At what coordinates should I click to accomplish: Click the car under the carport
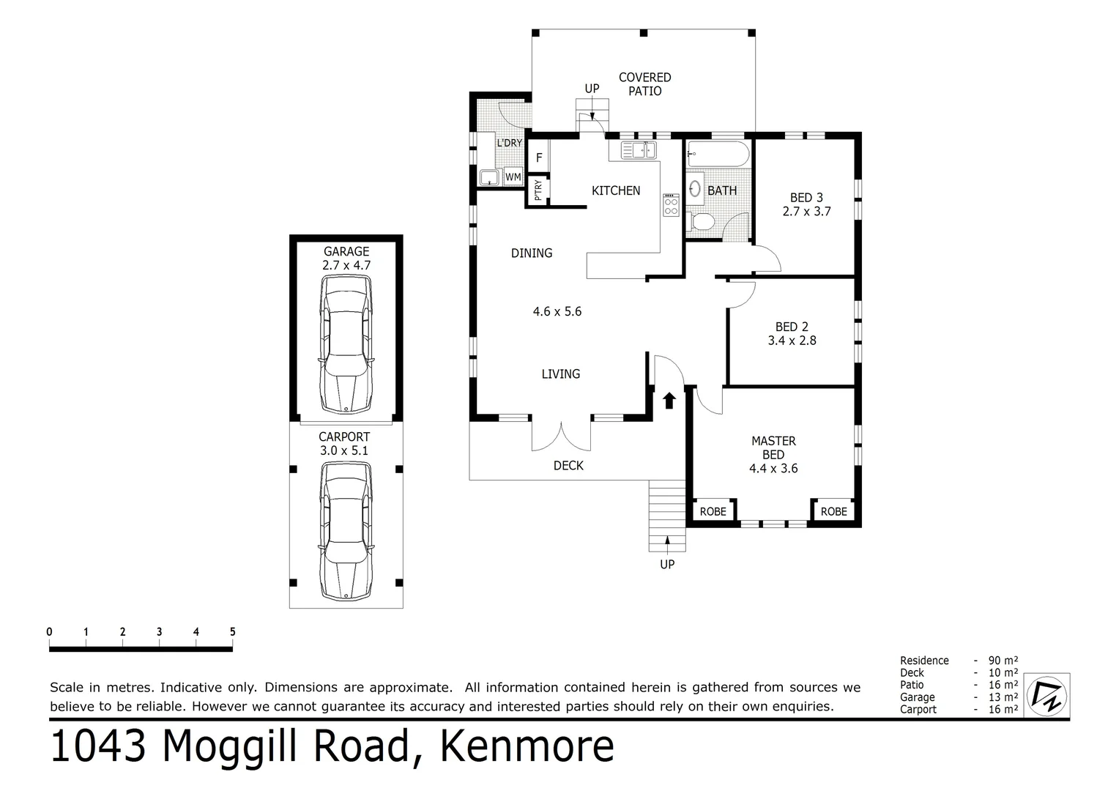346,535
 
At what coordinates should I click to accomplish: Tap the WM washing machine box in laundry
513,177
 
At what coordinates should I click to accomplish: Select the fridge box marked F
539,157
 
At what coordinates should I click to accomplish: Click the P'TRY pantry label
538,191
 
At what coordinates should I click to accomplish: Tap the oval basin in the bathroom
696,188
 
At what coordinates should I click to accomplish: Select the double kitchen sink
639,150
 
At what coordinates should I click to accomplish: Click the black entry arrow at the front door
669,400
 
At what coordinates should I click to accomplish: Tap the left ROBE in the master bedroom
713,511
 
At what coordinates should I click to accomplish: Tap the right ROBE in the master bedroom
833,511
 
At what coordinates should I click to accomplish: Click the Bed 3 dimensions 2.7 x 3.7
806,212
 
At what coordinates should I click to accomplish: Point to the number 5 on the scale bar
233,632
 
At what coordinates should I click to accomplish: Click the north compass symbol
1046,694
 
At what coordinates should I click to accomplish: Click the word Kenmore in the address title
526,747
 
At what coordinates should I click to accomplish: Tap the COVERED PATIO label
644,84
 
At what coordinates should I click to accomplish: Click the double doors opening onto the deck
561,437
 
